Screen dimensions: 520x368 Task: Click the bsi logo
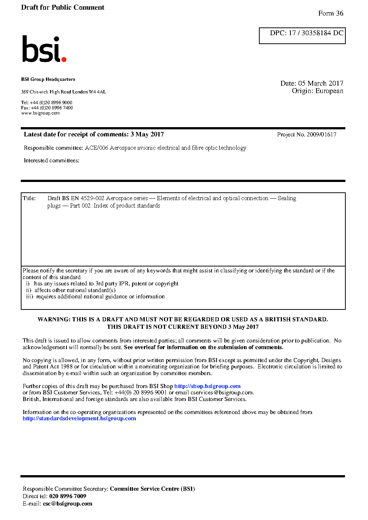pos(44,49)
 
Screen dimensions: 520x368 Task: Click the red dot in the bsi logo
pos(64,59)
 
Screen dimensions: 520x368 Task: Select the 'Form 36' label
pos(331,13)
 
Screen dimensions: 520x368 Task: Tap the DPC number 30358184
pos(316,33)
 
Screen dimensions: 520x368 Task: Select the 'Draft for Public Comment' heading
pos(63,7)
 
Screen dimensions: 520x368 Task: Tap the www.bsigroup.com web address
pos(40,113)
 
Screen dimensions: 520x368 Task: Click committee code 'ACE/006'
pos(96,148)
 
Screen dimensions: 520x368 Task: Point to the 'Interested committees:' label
pos(52,160)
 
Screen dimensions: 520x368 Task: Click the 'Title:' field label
pos(29,198)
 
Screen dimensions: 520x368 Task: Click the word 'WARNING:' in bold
pos(54,319)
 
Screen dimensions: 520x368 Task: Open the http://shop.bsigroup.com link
pos(207,386)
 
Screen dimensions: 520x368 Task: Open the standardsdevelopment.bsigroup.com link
pos(79,418)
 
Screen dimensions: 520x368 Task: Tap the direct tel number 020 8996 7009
pos(68,496)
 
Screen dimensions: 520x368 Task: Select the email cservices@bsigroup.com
pos(222,393)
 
